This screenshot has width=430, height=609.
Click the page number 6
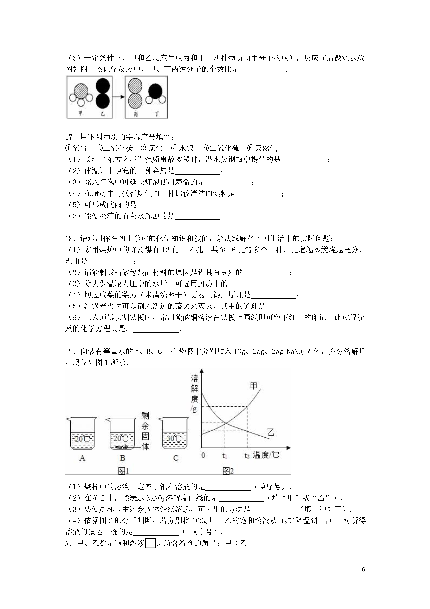point(363,569)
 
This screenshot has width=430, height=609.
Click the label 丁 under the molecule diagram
point(157,114)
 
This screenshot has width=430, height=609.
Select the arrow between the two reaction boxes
point(118,97)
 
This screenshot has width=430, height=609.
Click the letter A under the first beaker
point(82,458)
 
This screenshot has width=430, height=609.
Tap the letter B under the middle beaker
point(122,458)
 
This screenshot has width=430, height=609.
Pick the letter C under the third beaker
point(176,458)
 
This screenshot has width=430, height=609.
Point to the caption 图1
point(123,471)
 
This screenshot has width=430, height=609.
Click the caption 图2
point(228,471)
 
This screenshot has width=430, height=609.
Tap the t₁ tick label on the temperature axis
point(225,456)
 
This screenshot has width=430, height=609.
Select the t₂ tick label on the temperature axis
point(247,456)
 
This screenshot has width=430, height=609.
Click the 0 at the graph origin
point(203,455)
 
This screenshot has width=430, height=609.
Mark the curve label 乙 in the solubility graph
point(271,432)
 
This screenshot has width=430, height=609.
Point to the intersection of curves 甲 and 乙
point(225,423)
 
